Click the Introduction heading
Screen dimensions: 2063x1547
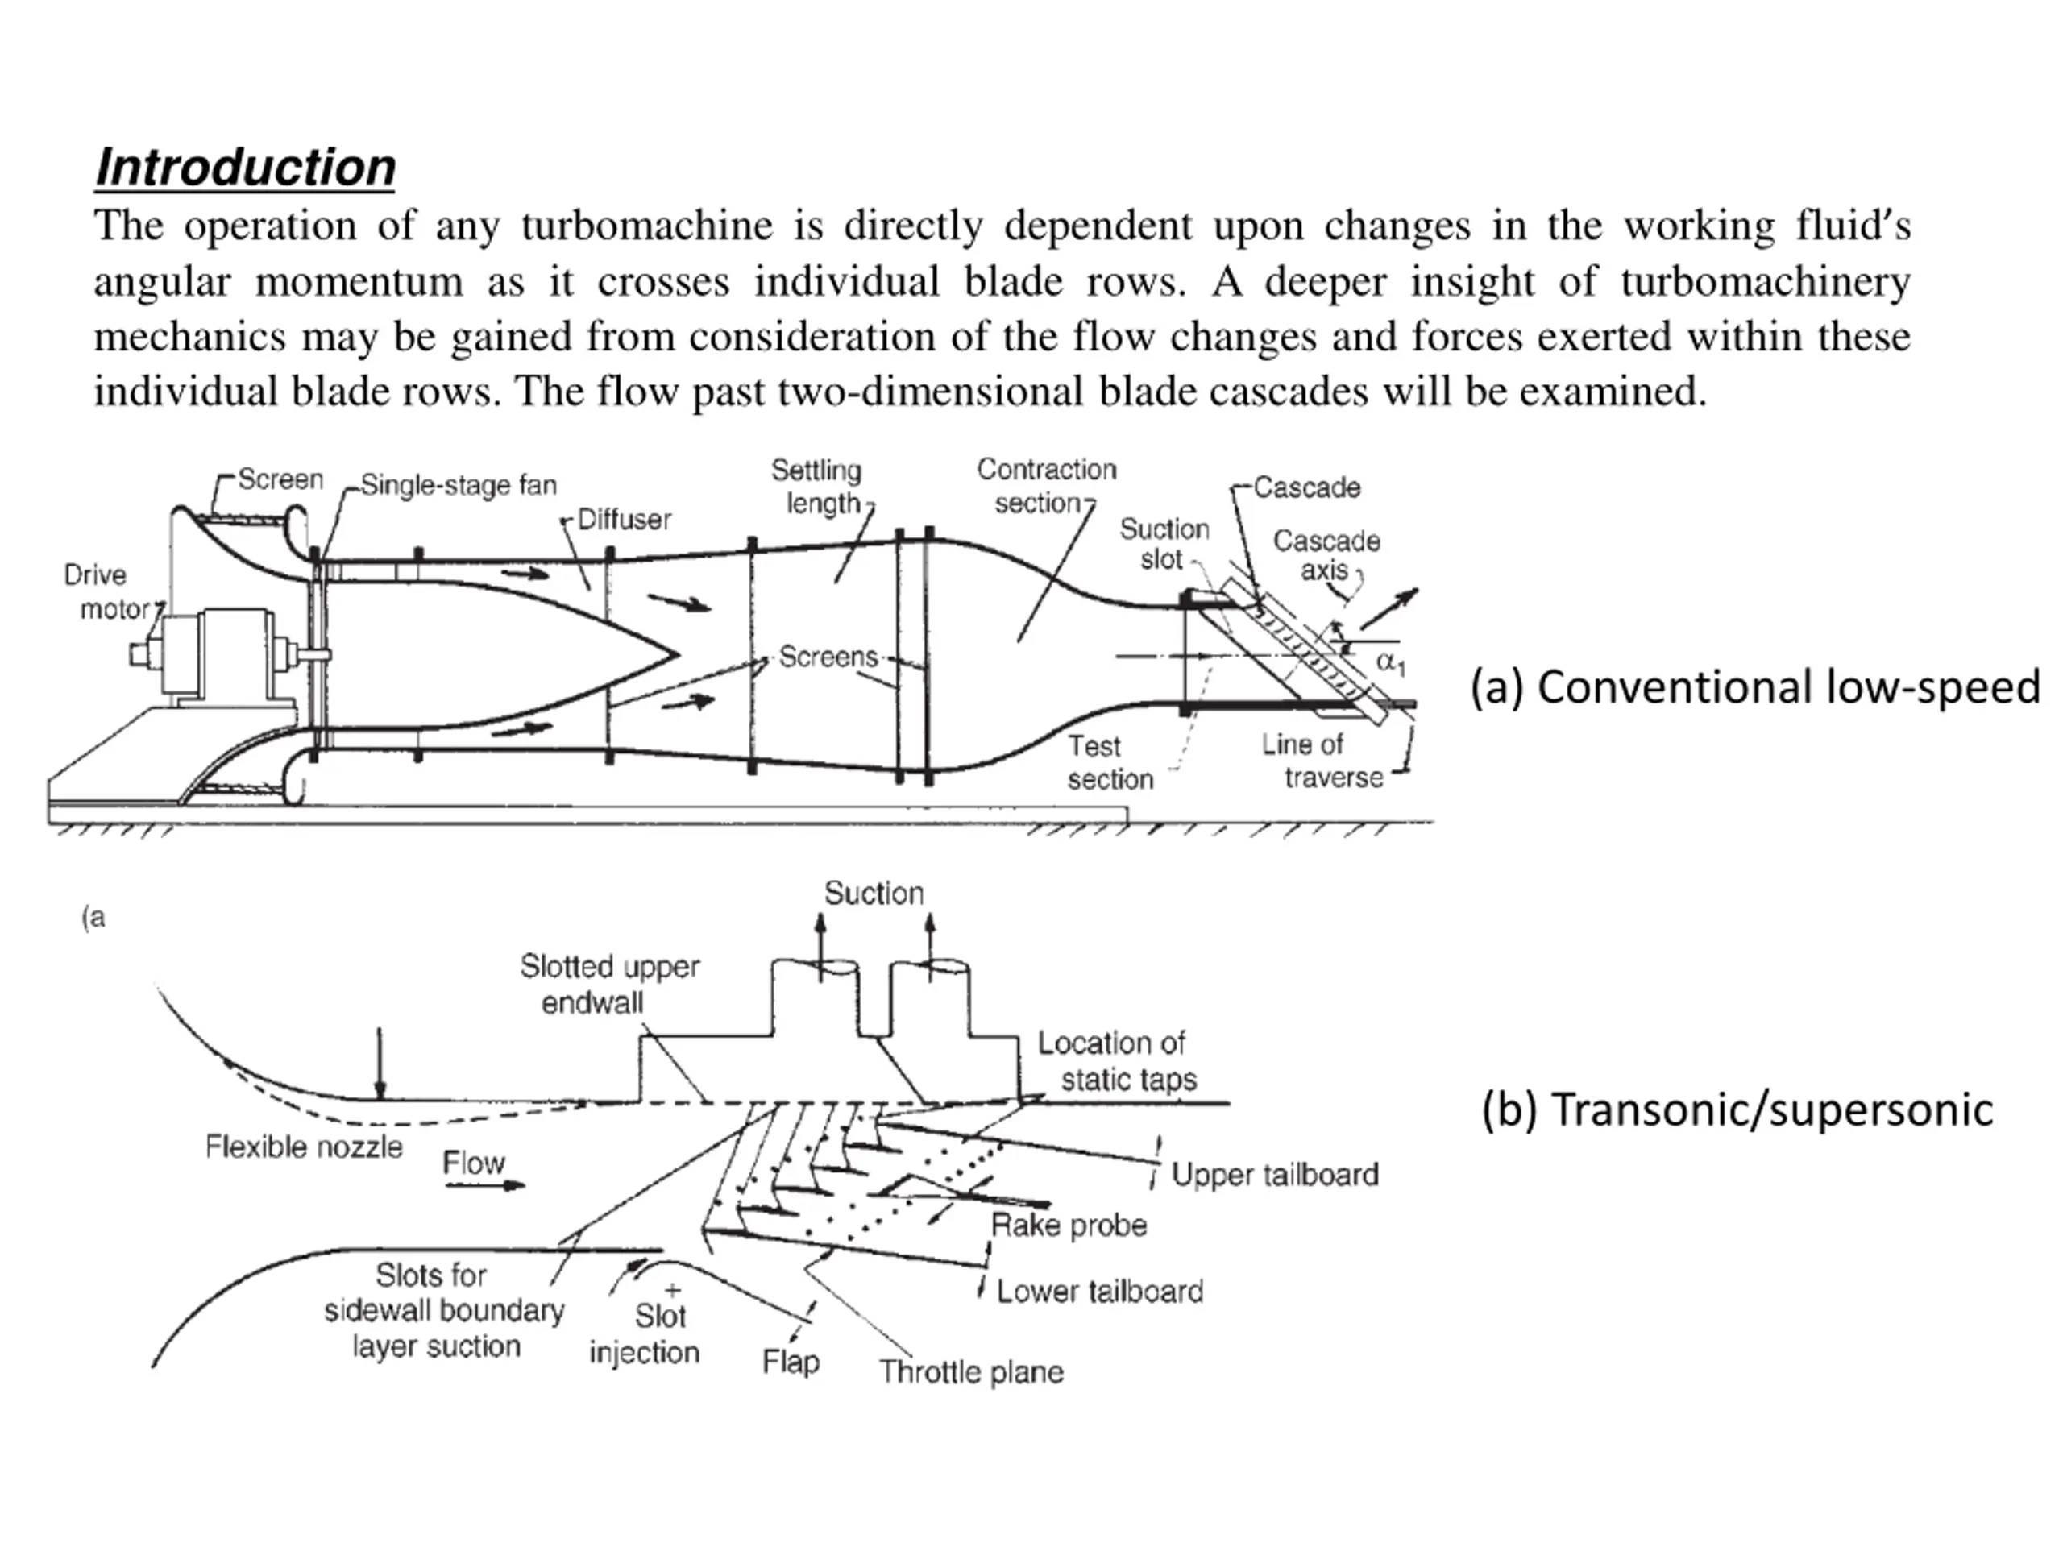tap(245, 168)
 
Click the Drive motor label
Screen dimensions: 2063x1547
tap(106, 591)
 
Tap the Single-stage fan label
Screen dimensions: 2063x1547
tap(459, 485)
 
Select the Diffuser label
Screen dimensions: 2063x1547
tap(624, 520)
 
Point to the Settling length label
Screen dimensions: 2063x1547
tap(817, 487)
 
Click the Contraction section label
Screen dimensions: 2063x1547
tap(1047, 486)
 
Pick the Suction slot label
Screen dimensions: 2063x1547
tap(1164, 544)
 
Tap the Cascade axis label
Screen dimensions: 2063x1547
tap(1326, 555)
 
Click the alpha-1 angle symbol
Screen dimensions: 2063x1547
tap(1392, 663)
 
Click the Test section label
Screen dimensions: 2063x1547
tap(1110, 763)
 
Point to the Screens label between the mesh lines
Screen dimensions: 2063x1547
tap(828, 657)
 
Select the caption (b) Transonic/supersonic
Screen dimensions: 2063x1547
tap(1737, 1109)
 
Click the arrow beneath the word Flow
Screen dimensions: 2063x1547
tap(485, 1186)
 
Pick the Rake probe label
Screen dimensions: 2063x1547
tap(1069, 1226)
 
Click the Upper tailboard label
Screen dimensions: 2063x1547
tap(1275, 1174)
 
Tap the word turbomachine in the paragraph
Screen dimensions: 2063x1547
tap(647, 226)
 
